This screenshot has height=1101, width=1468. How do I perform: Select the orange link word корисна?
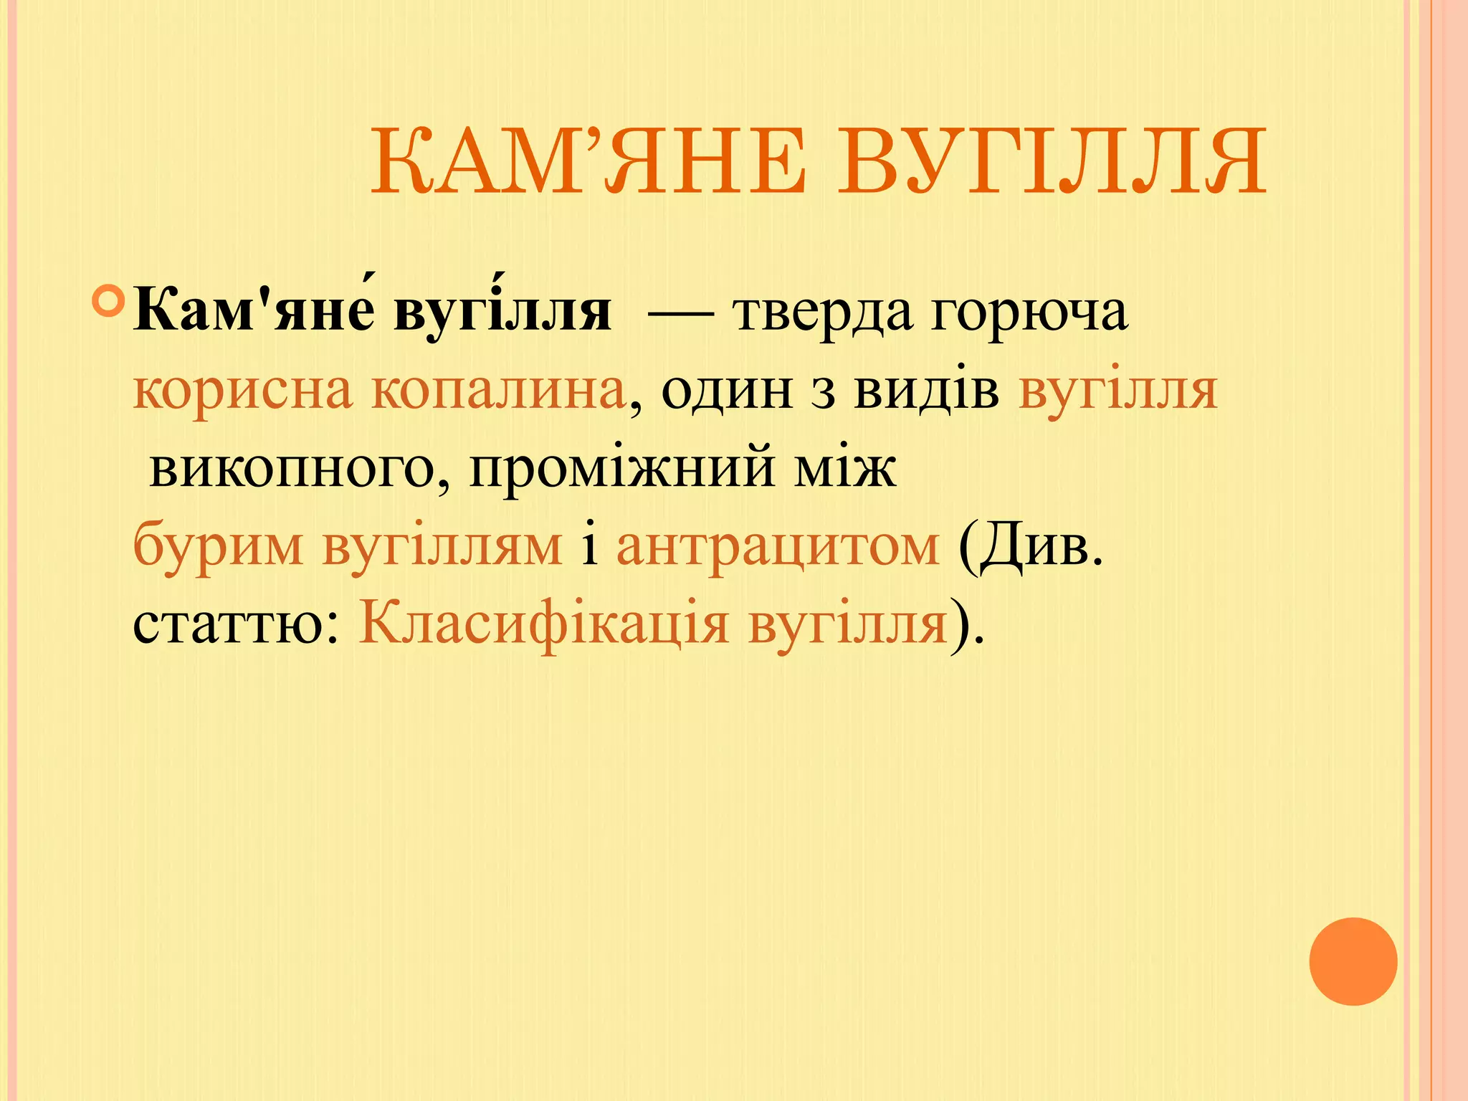pos(243,392)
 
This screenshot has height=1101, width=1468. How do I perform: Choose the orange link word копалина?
pos(498,392)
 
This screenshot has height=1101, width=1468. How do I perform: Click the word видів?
pos(926,391)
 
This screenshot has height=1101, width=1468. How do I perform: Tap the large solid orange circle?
pos(1353,961)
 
